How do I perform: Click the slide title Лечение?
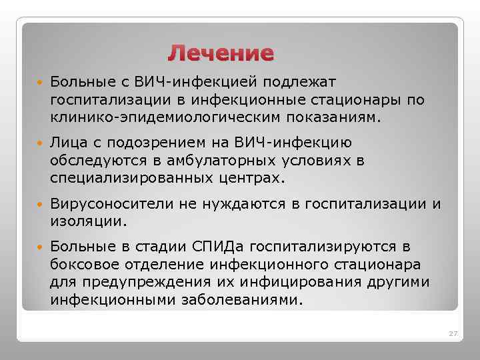[x=221, y=53]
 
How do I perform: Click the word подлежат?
[x=301, y=82]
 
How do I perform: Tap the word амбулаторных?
[x=206, y=161]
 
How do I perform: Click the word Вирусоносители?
[x=107, y=203]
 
